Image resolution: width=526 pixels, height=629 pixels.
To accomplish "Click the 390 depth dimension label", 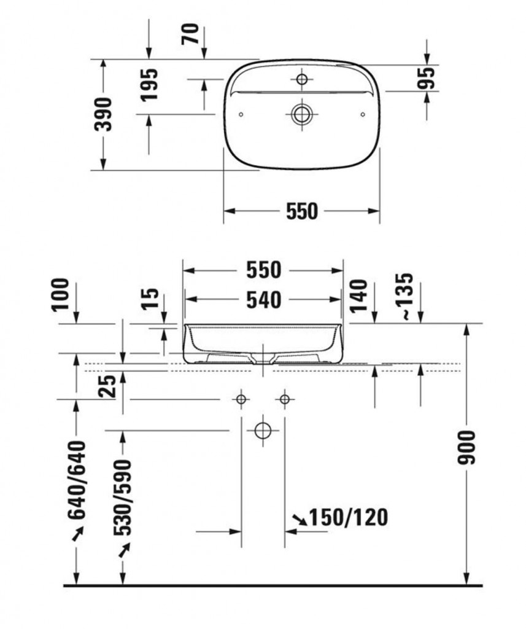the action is (103, 114).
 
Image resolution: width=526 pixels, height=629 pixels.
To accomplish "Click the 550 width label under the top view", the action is (301, 211).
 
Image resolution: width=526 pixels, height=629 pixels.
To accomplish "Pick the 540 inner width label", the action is (263, 300).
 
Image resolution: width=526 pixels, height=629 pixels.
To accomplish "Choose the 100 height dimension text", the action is (61, 295).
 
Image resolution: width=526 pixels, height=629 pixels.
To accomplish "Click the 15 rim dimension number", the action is (150, 299).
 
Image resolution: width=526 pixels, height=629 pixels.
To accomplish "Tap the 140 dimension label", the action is (358, 296).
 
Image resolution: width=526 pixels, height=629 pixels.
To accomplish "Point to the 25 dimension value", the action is (107, 386).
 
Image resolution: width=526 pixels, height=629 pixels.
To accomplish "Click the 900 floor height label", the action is (466, 448).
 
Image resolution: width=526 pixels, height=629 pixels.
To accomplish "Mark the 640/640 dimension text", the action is (77, 480).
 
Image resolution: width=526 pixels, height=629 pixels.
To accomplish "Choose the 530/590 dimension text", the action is (122, 498).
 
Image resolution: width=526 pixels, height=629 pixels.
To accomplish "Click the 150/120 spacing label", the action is (349, 517).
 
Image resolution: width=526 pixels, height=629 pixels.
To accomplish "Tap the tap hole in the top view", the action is (302, 79).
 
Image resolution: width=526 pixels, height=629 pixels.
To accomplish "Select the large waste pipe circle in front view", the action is (263, 431).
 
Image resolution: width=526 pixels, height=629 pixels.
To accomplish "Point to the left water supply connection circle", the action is (241, 399).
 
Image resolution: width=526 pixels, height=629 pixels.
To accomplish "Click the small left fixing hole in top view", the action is (241, 115).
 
